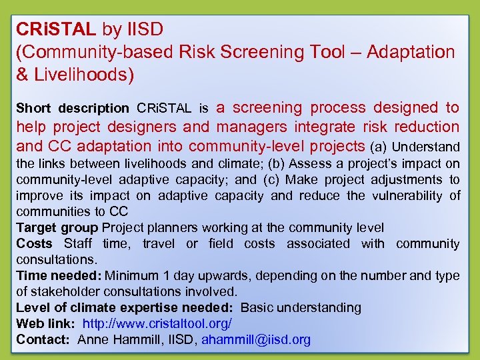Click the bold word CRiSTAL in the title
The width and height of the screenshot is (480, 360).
(x=57, y=29)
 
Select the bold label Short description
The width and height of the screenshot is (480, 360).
(x=73, y=108)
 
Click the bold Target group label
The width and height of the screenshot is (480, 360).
(x=57, y=228)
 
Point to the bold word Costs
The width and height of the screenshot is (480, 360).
(x=34, y=244)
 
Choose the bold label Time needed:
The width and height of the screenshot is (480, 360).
(x=58, y=276)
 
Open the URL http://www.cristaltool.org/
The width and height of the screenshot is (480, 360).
(x=157, y=324)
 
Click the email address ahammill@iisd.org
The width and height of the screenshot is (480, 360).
(x=256, y=340)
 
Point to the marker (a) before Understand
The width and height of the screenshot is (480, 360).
(x=379, y=147)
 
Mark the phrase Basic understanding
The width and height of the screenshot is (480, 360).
(x=301, y=308)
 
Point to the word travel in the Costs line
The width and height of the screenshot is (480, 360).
(x=159, y=244)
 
